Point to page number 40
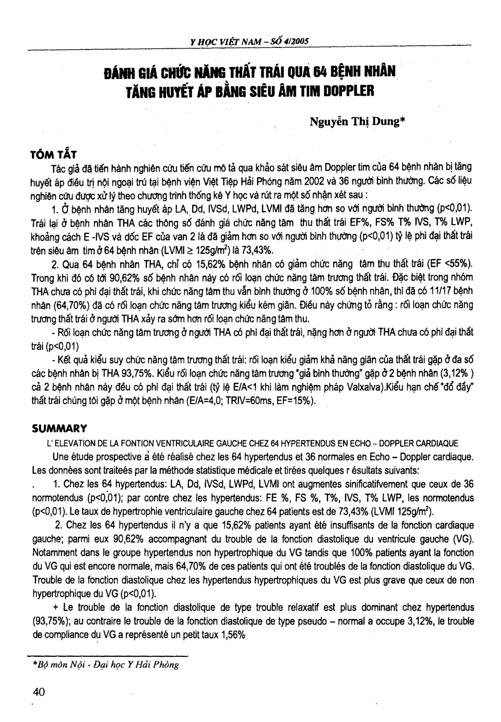click(39, 692)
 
